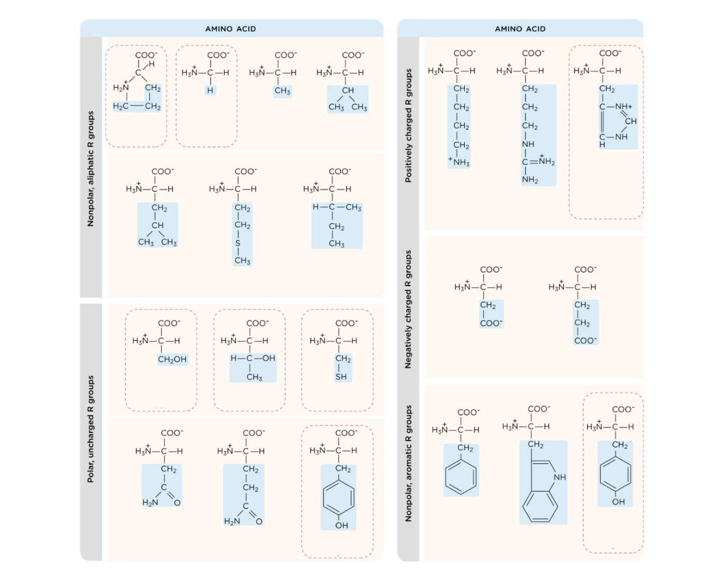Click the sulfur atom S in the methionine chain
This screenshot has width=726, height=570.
[238, 243]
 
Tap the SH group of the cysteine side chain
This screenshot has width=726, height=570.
[341, 377]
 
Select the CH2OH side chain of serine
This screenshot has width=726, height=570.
[172, 360]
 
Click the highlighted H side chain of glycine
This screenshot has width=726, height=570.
[210, 90]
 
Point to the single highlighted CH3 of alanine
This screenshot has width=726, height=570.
[282, 91]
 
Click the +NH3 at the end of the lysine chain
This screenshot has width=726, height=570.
[459, 162]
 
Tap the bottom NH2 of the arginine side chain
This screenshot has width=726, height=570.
[530, 179]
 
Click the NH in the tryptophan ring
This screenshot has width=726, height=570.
[560, 477]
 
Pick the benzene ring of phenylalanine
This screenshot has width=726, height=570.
[461, 477]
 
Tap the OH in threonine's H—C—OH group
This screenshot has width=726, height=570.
[269, 358]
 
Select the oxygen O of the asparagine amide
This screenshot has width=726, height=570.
[177, 503]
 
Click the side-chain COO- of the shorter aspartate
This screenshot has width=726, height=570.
[491, 323]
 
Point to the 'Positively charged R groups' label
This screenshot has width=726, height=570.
[408, 125]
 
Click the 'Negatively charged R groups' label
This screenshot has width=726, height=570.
[408, 309]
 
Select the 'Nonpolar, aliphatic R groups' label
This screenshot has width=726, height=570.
[91, 169]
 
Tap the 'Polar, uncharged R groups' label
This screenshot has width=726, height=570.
[91, 429]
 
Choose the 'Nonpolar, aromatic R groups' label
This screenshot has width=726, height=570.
[408, 464]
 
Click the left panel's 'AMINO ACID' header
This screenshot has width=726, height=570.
[231, 29]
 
